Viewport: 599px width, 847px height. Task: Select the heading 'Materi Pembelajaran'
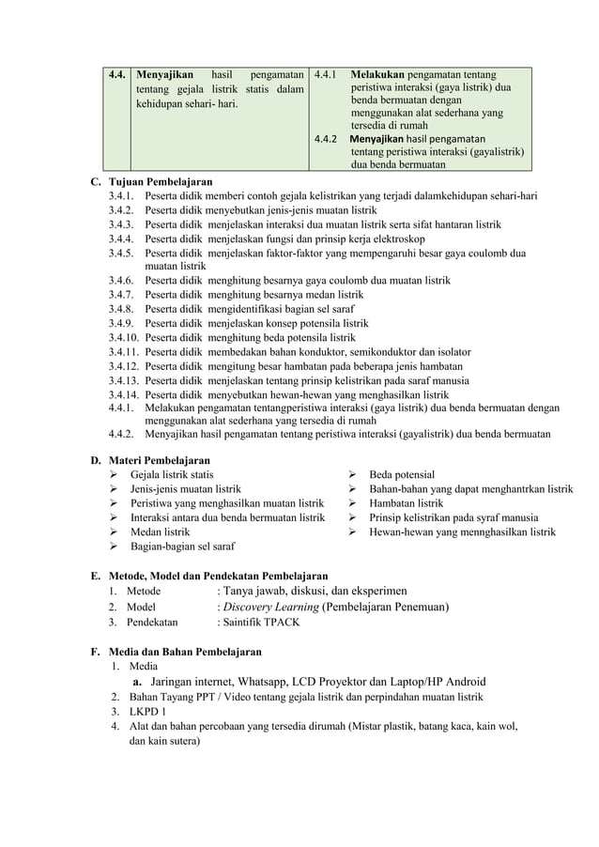(x=160, y=460)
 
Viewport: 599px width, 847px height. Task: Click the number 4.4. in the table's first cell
(x=117, y=74)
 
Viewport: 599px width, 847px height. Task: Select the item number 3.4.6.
(x=121, y=280)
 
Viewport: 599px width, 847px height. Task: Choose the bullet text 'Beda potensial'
(x=402, y=475)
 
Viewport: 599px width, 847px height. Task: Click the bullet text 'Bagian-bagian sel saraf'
(x=182, y=546)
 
